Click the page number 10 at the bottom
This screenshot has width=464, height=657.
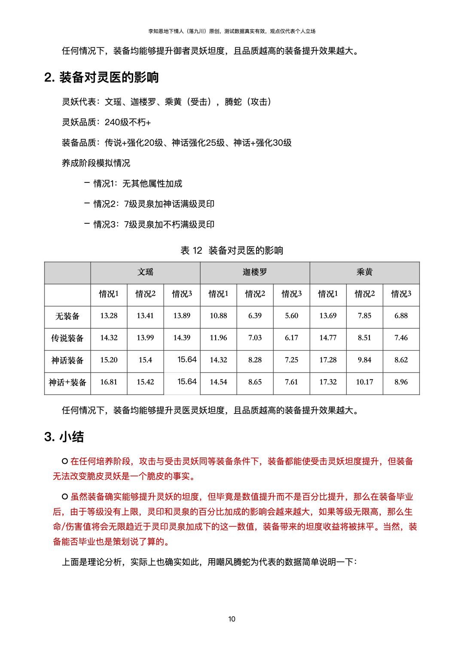[232, 619]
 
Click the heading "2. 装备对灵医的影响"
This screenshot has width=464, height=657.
[101, 77]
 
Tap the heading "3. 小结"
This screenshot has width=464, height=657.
[64, 437]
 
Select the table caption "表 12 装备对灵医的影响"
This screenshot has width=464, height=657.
[232, 250]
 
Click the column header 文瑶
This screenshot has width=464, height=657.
[145, 272]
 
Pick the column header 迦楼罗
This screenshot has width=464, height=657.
[255, 272]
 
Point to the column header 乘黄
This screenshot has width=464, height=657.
[364, 272]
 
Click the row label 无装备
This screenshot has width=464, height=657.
[67, 316]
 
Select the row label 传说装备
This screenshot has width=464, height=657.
[67, 338]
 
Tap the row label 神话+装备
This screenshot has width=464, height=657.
[67, 382]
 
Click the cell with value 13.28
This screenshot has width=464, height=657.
[109, 316]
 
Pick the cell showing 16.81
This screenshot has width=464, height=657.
[109, 382]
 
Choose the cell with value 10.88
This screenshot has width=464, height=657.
[218, 316]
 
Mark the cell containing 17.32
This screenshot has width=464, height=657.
[328, 382]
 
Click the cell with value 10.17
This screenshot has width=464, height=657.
[364, 382]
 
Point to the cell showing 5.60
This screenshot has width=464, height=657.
[291, 316]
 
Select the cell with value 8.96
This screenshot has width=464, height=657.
[401, 382]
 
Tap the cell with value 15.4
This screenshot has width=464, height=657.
[145, 360]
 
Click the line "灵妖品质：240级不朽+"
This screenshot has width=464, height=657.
[107, 122]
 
